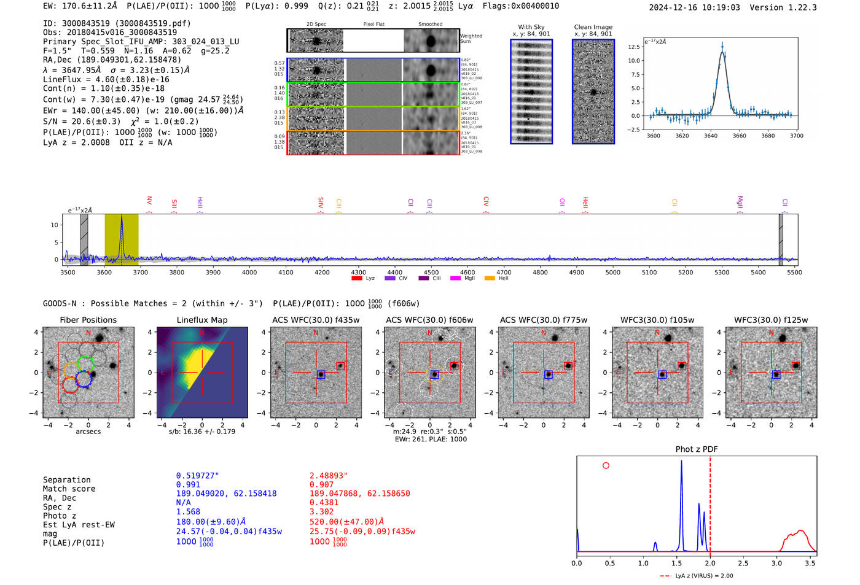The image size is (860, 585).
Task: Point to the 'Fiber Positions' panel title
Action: click(88, 320)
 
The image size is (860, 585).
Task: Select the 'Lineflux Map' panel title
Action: click(202, 320)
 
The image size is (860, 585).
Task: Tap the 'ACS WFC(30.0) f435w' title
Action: click(316, 320)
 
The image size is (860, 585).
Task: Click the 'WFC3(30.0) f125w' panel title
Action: click(771, 320)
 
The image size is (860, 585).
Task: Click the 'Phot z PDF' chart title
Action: click(697, 449)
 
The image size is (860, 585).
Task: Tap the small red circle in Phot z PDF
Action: click(606, 465)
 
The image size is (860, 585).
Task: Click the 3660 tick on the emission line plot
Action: click(739, 136)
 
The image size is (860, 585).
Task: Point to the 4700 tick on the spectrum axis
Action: click(504, 273)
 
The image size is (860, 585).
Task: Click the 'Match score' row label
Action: click(69, 489)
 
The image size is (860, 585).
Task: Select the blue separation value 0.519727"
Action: click(197, 476)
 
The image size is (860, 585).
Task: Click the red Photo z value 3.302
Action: click(321, 511)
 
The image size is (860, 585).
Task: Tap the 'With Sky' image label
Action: click(531, 27)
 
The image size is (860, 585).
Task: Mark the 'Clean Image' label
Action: click(593, 27)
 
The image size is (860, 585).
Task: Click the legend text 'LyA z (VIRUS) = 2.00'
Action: click(704, 576)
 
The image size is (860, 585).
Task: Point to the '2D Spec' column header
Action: click(316, 24)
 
